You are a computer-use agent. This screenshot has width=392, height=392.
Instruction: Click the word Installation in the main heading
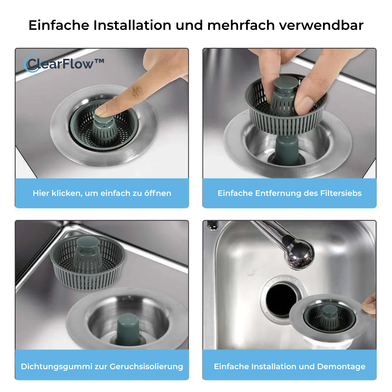[132, 25]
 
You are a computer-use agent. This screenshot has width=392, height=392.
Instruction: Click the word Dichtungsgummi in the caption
[57, 366]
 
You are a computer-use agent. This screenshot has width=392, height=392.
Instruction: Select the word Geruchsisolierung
[146, 366]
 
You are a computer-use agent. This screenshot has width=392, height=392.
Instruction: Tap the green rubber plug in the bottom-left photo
[128, 329]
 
